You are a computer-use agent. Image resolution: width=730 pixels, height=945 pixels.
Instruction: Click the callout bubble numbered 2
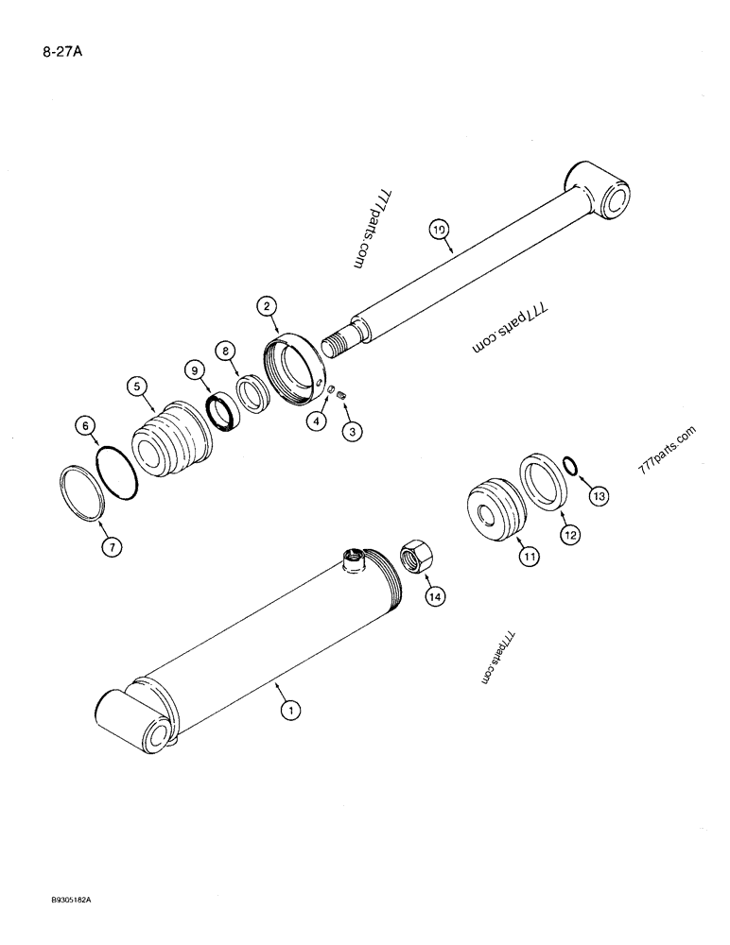(268, 305)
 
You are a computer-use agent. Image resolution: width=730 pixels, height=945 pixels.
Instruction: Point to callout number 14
(434, 596)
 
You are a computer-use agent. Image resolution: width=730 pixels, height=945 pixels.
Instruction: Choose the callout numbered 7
(111, 546)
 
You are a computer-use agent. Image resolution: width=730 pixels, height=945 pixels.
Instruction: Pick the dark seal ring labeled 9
(226, 413)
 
